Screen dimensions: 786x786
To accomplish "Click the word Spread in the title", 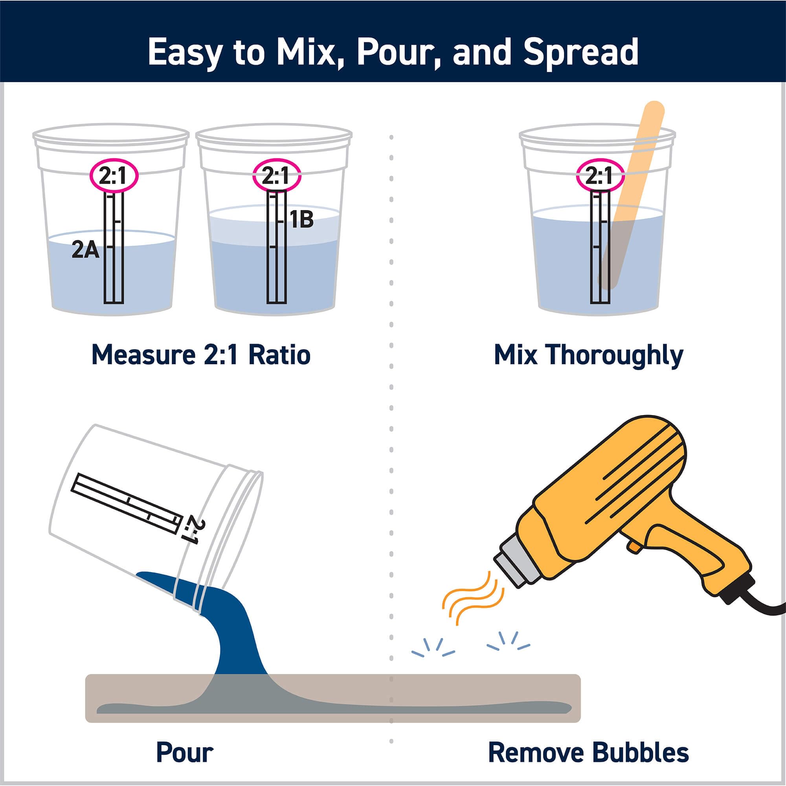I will tap(580, 53).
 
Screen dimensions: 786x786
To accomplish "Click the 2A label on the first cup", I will tap(85, 250).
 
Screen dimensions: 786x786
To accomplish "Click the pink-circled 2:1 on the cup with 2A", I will tap(114, 176).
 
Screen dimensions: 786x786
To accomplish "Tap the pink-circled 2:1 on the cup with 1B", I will tap(276, 176).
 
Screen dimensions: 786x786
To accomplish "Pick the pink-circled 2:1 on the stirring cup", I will tap(600, 176).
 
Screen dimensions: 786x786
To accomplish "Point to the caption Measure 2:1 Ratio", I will tap(201, 354).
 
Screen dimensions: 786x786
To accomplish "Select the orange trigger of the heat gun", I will tap(633, 546).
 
